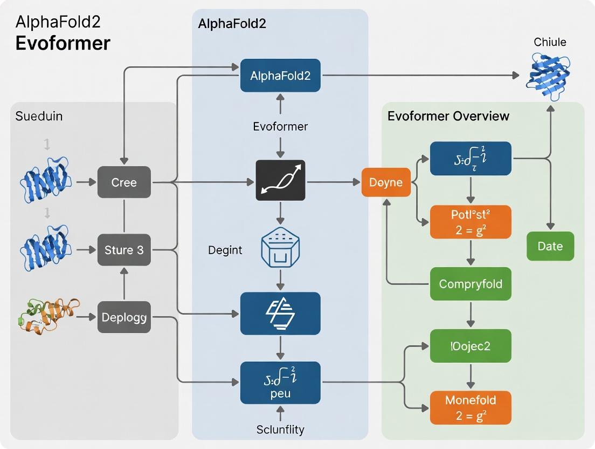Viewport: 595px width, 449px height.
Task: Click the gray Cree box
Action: [124, 182]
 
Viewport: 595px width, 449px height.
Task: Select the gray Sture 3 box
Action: [124, 250]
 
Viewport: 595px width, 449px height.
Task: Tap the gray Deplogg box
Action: [124, 317]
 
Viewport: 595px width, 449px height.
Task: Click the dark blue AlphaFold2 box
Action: [280, 76]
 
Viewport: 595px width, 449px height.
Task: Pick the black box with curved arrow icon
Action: [280, 180]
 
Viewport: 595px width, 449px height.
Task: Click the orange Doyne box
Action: [386, 182]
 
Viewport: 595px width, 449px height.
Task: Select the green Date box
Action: [550, 246]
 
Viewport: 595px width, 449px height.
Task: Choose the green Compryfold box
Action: [471, 284]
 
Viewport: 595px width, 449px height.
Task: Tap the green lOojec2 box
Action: [471, 346]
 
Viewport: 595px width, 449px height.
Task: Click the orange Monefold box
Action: [471, 407]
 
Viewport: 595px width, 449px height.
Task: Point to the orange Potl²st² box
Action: [471, 222]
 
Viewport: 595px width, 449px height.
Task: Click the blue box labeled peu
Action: [280, 383]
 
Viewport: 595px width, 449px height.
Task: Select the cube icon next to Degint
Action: [280, 249]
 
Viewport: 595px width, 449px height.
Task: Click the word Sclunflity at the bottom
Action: [280, 430]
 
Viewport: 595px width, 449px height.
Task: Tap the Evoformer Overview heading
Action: [448, 116]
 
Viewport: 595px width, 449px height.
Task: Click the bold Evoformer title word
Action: [63, 43]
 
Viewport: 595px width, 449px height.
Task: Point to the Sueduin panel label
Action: [39, 116]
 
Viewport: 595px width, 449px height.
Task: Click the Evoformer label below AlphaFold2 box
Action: [280, 126]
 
